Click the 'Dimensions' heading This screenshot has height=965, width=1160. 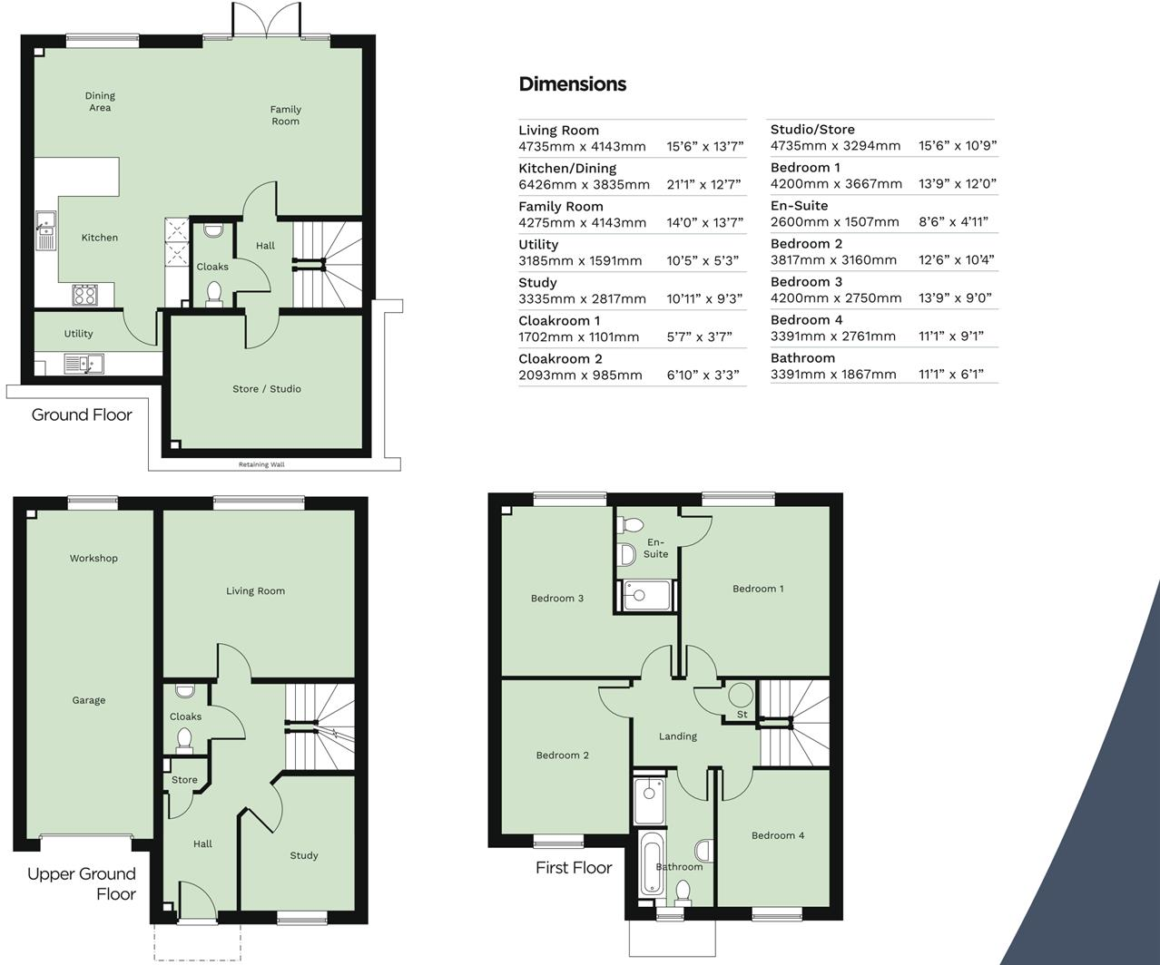click(x=572, y=84)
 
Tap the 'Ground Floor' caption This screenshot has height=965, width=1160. click(x=82, y=414)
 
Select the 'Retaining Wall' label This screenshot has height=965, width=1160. click(x=261, y=464)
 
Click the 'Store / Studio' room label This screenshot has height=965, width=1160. click(x=266, y=389)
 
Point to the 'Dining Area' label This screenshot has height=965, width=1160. click(x=100, y=102)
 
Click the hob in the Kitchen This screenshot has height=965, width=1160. click(x=85, y=295)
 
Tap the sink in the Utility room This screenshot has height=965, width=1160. click(x=84, y=364)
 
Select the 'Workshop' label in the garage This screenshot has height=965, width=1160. click(x=93, y=559)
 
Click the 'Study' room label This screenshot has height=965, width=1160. click(x=304, y=855)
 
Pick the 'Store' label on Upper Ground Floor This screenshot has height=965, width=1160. click(x=184, y=780)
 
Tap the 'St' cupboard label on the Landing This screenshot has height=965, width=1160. click(x=742, y=715)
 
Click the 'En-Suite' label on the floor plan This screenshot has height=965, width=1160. click(x=655, y=548)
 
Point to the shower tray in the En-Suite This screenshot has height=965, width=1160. click(x=647, y=596)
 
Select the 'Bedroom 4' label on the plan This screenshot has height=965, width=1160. click(x=777, y=835)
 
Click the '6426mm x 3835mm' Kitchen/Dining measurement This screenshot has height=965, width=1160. click(x=584, y=184)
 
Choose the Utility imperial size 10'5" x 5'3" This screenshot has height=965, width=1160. click(x=703, y=260)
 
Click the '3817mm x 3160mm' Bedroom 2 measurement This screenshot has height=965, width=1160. click(x=833, y=259)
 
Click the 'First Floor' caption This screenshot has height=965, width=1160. click(x=574, y=867)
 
